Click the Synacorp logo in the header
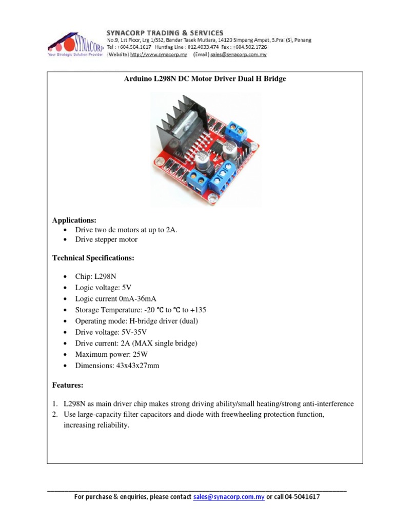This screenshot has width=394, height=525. pos(76,45)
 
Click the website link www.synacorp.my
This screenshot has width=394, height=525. pos(159,54)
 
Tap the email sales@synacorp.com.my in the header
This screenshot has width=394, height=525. pos(238,54)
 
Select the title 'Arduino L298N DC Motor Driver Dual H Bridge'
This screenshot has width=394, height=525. pos(205,79)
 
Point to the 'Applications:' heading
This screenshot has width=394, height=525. pos(74,220)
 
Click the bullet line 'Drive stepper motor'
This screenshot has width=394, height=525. pos(106,239)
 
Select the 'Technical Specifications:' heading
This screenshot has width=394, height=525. pos(93,258)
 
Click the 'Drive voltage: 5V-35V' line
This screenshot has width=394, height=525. pos(111,332)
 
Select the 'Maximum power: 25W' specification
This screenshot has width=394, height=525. pos(111,354)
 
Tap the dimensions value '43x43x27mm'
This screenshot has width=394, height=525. pos(138,366)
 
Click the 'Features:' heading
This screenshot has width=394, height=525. pos(68,385)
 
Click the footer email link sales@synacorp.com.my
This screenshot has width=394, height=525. pos(229,497)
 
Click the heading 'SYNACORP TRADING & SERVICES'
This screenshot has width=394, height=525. pos(165,33)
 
